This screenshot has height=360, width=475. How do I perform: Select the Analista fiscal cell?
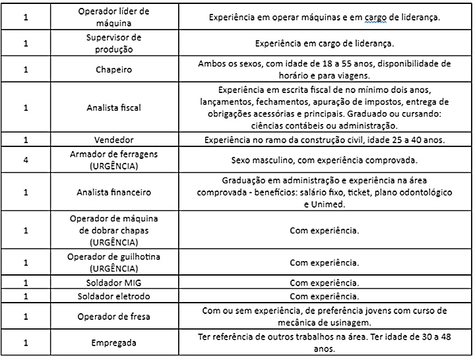[x=113, y=107]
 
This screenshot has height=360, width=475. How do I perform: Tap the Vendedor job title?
[x=113, y=140]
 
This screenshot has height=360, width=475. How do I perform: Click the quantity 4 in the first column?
[x=24, y=160]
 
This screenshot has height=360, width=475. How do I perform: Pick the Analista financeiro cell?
[x=113, y=192]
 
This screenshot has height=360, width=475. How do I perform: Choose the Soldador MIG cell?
[x=113, y=283]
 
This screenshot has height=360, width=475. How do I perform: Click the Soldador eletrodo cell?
[x=113, y=296]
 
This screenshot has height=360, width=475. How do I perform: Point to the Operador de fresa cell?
[x=113, y=316]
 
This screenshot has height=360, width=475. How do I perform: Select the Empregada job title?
[x=113, y=343]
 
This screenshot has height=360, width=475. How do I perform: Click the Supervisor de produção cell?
[x=113, y=43]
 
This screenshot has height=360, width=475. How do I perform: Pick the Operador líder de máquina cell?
[x=113, y=18]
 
